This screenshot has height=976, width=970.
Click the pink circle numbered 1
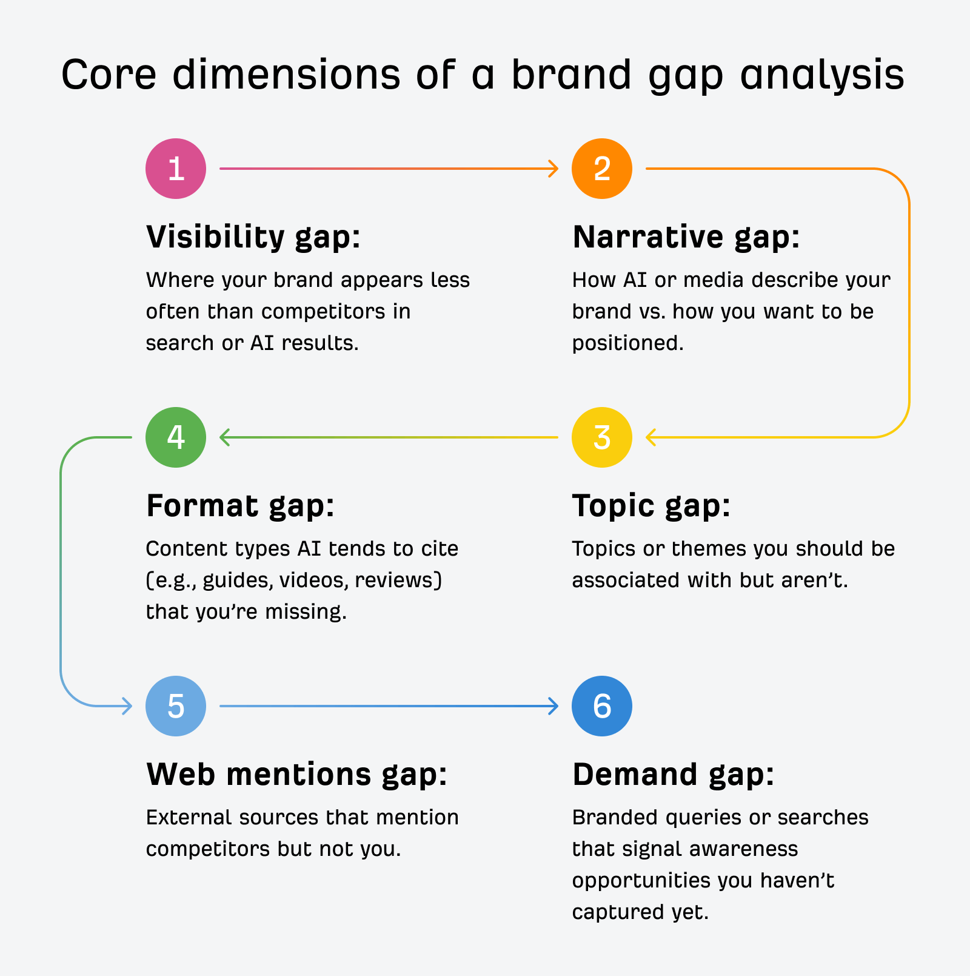pos(176,169)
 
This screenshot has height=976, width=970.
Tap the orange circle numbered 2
pos(601,169)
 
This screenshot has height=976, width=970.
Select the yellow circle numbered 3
pos(601,437)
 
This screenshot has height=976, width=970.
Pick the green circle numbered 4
pos(176,437)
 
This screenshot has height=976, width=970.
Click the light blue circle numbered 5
pos(176,706)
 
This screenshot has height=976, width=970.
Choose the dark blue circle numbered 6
pos(601,706)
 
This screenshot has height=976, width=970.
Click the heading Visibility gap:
pos(253,237)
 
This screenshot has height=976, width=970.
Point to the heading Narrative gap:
pos(686,237)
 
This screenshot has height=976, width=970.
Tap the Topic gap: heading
pos(651,506)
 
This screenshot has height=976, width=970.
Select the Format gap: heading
pos(240,506)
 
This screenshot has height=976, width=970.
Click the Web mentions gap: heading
pos(296,775)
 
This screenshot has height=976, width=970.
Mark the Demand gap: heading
pos(673,775)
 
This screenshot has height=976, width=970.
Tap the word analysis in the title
pos(822,75)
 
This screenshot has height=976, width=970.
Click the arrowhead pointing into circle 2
pos(554,169)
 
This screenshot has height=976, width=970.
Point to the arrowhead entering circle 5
pos(127,706)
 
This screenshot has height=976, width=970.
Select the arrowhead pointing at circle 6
pos(554,706)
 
